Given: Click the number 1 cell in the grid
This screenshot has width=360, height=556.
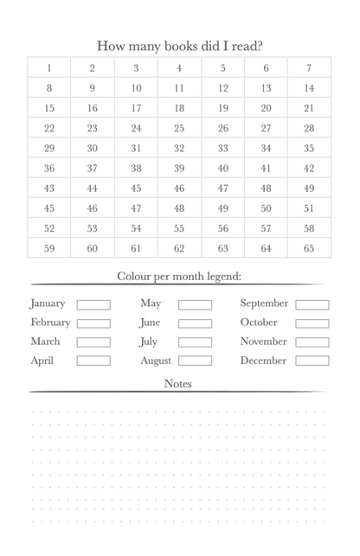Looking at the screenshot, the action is coord(49,68).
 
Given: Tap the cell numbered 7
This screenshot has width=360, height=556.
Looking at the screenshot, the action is coord(309,68).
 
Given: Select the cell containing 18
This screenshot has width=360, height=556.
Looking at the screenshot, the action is coord(179,108).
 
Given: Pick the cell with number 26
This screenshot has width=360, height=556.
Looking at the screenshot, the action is coord(222,128).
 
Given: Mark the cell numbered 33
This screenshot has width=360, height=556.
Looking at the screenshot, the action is coord(222,148).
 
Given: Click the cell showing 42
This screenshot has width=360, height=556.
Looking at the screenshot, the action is coord(309,169).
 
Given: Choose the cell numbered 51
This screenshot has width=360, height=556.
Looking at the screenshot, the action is coord(309,208).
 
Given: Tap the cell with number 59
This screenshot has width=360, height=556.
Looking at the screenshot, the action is coord(49,248).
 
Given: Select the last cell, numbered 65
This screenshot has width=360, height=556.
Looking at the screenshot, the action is coord(309,248).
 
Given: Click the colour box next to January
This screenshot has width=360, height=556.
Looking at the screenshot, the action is coord(93,304).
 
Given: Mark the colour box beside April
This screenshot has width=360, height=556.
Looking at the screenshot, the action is coord(93,361).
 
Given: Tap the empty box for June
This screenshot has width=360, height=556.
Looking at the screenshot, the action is coord(195,323).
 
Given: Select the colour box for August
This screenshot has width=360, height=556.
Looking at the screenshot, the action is coord(195,361).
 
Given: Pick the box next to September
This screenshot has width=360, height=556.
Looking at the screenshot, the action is coord(312,304).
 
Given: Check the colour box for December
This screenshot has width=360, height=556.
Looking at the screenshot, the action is coord(312,361).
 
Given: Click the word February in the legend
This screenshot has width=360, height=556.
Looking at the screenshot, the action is coord(50,323).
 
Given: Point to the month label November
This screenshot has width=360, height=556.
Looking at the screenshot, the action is coord(263,342).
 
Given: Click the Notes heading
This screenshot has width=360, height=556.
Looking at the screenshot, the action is coord(178,384).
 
